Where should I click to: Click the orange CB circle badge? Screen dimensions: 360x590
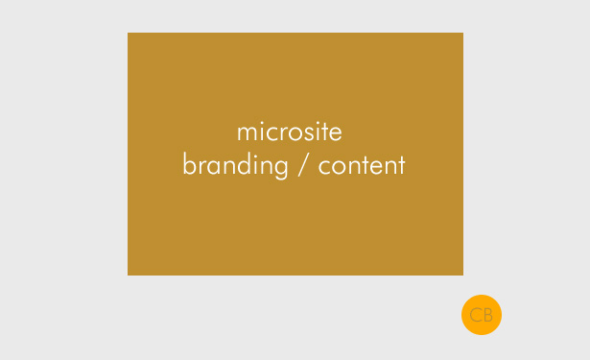tap(482, 315)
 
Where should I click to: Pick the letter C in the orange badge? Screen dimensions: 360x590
tap(476, 315)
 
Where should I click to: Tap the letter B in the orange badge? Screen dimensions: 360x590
tap(487, 315)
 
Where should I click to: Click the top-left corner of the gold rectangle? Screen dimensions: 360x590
tap(129, 34)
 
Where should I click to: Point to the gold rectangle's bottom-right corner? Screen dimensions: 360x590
tap(462, 275)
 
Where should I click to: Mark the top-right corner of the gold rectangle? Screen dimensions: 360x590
tap(462, 34)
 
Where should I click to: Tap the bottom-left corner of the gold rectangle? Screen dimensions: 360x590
tap(129, 275)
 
